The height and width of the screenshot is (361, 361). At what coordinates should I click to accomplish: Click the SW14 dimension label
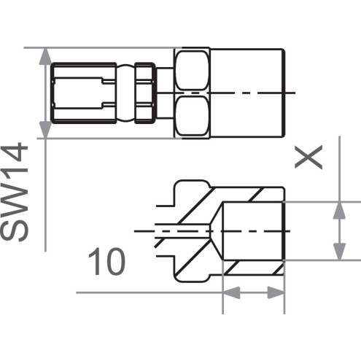[15, 192]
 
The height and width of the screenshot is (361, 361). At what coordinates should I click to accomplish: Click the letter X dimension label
[308, 158]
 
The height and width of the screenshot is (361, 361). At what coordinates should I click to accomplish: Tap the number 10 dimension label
[106, 262]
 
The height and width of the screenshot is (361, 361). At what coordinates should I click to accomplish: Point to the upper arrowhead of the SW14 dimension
[45, 56]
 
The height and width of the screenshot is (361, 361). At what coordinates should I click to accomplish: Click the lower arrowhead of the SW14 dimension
[45, 130]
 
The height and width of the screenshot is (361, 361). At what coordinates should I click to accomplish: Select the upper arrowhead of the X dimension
[339, 210]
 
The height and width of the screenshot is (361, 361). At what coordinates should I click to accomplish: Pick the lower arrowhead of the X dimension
[339, 252]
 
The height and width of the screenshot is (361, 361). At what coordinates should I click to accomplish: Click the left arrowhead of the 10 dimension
[231, 292]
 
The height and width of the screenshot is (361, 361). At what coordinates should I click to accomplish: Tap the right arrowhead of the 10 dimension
[276, 292]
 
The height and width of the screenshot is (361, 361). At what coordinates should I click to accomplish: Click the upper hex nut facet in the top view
[192, 70]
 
